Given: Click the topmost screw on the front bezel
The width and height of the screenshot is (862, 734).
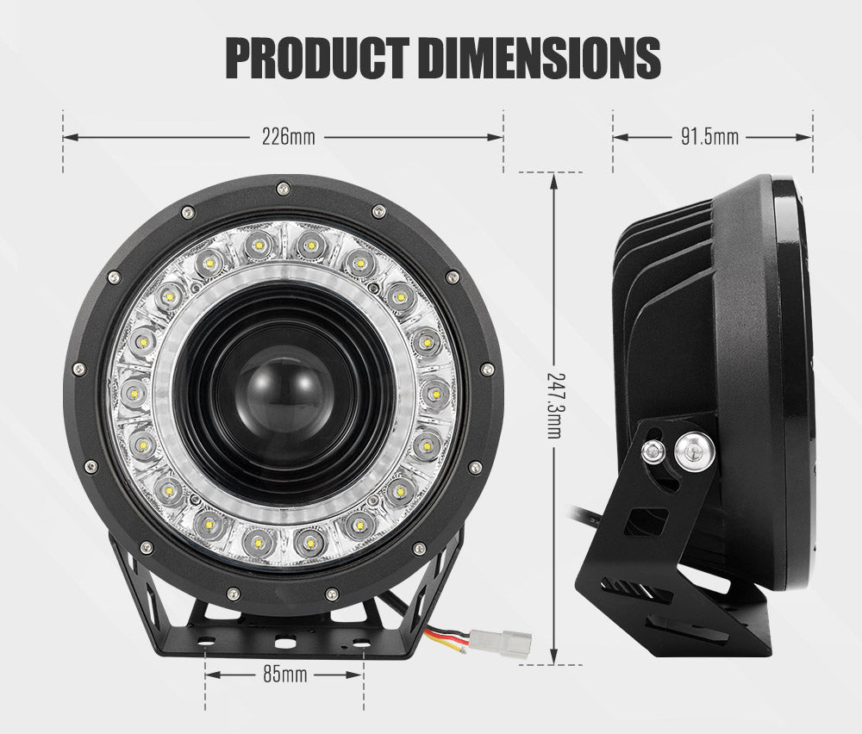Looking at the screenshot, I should pyautogui.click(x=283, y=189).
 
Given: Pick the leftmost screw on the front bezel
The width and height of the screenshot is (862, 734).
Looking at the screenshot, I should pyautogui.click(x=79, y=369).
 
